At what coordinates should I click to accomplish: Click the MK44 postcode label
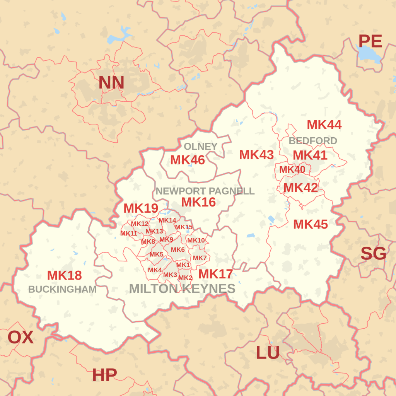(324, 125)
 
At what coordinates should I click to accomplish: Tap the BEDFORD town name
(313, 141)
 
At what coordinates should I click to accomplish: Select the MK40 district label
(292, 169)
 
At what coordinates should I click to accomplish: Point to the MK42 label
(300, 188)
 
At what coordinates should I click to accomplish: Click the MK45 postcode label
(310, 224)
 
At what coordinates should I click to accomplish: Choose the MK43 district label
(256, 155)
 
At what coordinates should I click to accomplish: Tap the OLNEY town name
(200, 147)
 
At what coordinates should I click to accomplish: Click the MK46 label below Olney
(188, 160)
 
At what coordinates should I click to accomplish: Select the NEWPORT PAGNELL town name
(205, 191)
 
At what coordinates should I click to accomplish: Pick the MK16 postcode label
(198, 202)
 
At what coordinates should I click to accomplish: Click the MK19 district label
(141, 208)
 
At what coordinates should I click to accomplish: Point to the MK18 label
(64, 275)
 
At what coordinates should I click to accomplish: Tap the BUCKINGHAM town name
(62, 289)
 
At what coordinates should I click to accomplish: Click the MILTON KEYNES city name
(182, 288)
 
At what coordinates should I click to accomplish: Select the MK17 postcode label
(215, 274)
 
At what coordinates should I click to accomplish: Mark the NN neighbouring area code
(111, 82)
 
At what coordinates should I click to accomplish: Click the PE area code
(370, 41)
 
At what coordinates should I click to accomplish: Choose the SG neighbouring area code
(373, 254)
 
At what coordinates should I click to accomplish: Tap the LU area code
(268, 353)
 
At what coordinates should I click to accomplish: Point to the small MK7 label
(200, 258)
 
